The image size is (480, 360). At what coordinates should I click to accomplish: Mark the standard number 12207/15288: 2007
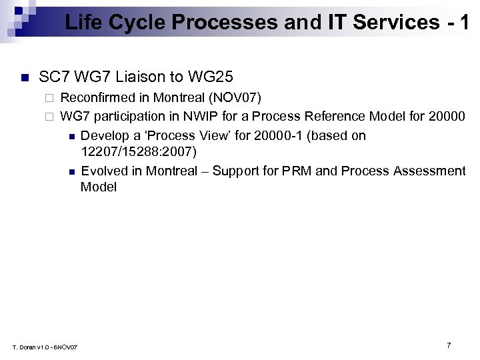[138, 152]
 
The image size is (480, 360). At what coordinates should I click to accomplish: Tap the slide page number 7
[449, 345]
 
